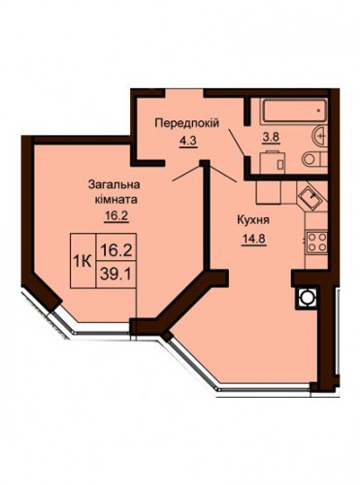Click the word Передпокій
point(187,123)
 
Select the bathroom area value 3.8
point(271,137)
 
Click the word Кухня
point(253,221)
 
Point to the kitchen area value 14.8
point(253,240)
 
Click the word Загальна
point(115,185)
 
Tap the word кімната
point(115,200)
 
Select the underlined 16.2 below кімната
point(116,215)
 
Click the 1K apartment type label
point(82,261)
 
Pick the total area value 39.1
point(115,275)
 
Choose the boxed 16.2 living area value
point(116,250)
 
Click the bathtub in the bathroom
point(294,111)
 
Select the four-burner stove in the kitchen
point(317,242)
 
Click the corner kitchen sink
point(310,196)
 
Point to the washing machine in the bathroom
point(273,162)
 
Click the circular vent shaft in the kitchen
point(306,297)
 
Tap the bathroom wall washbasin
point(320,136)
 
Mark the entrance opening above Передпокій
point(184,93)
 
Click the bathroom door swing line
point(237,143)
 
